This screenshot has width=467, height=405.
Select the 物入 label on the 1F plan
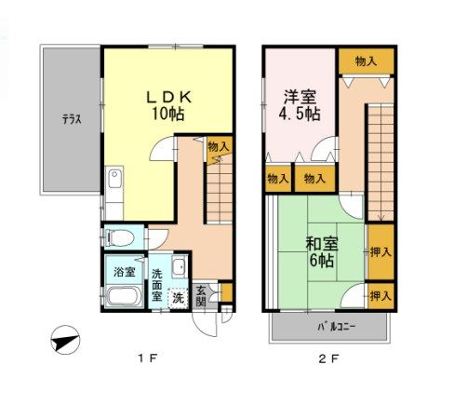[x=220, y=146]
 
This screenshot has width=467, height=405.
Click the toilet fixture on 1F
[x=116, y=237]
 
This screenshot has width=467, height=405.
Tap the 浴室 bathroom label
[x=124, y=272]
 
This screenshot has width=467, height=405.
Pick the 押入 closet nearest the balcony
[x=380, y=296]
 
